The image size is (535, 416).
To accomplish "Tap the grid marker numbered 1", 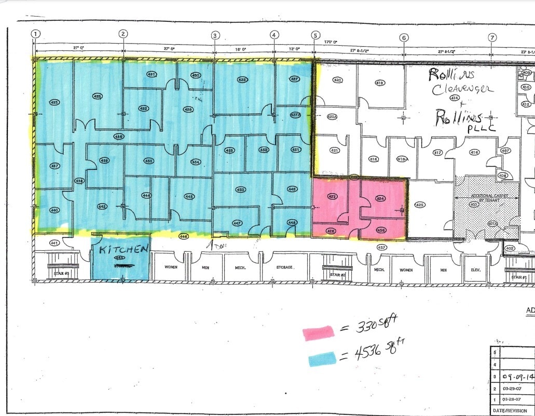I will coord(35,34).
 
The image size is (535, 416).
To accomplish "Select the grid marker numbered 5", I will coord(315,35).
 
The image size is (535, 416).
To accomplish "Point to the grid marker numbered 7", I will coord(492,37).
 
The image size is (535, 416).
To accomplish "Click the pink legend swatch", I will coord(319,333).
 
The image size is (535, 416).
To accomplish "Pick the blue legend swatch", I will coord(322,358).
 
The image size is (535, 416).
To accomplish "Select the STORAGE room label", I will coord(284,267).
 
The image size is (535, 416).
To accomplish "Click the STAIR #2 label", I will coord(337,274).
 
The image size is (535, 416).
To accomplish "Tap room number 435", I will coord(54,102).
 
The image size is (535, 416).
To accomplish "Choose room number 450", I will coord(240,190).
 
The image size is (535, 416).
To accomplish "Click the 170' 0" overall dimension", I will coord(331,42).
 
